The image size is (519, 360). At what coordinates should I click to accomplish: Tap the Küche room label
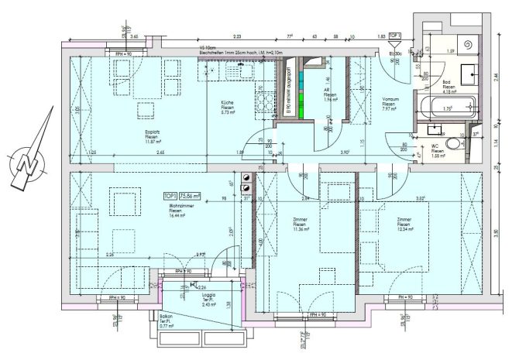[227, 108]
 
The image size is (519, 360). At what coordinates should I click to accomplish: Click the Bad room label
[449, 85]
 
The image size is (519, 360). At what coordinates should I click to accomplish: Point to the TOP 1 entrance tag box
[394, 36]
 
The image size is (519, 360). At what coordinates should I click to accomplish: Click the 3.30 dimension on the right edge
[496, 232]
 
